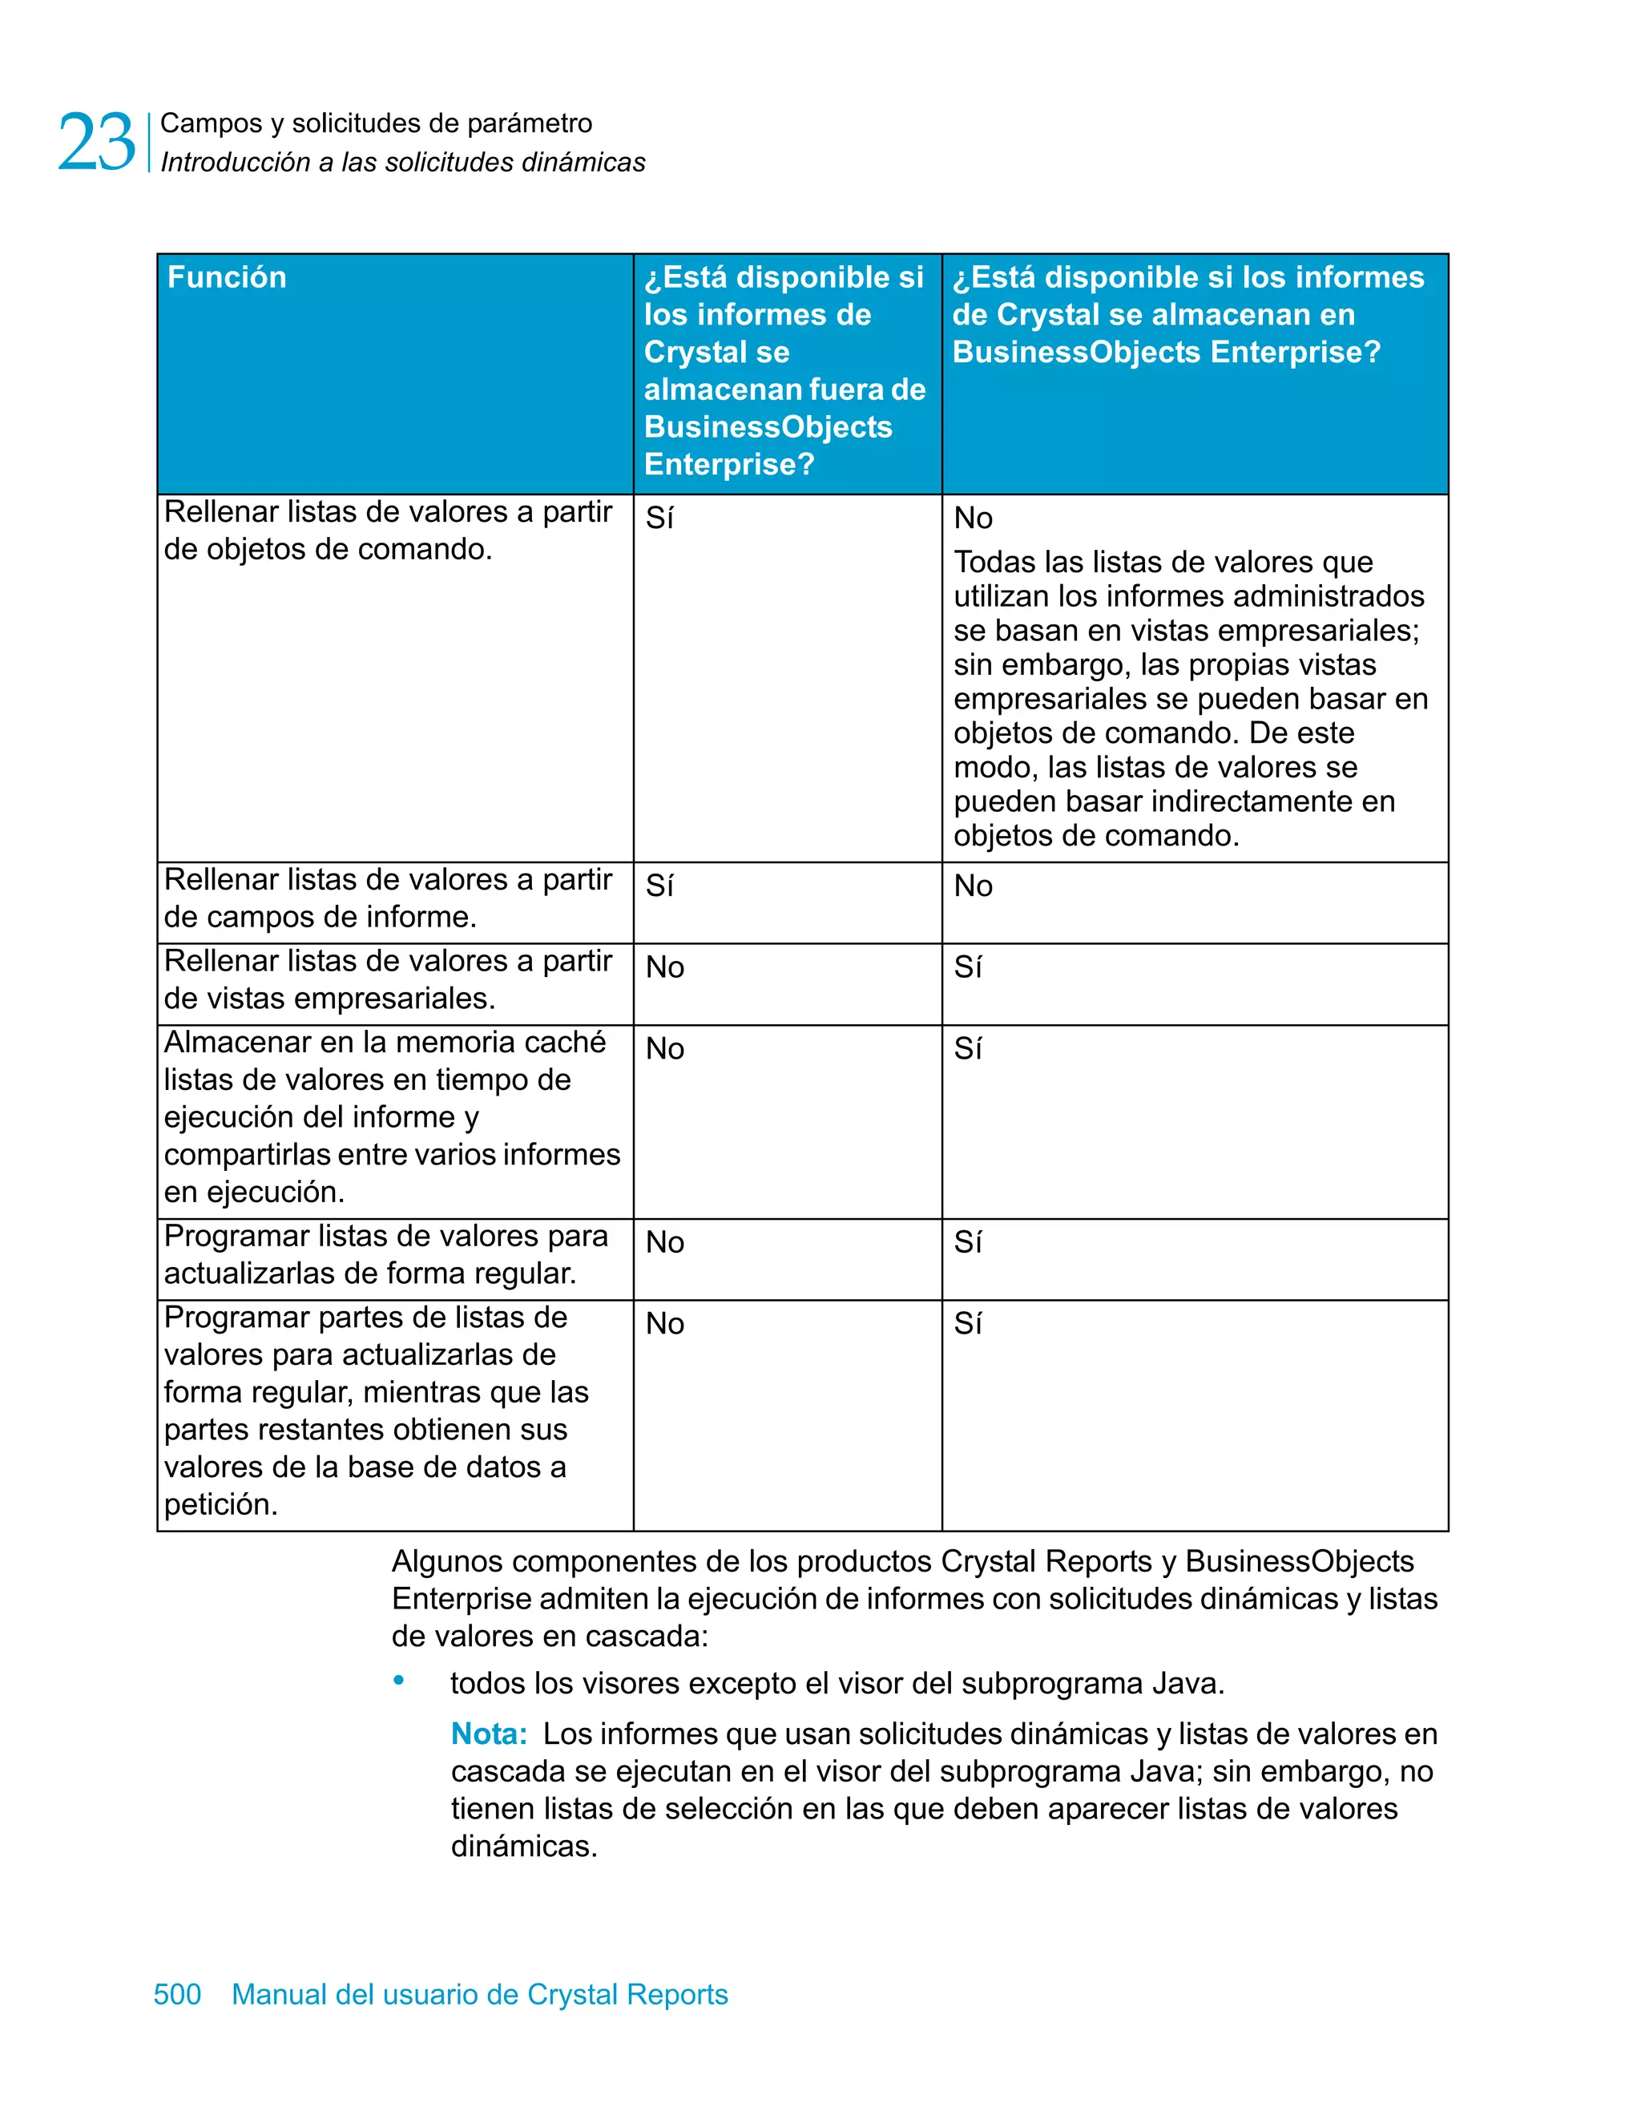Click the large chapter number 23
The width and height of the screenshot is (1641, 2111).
click(97, 142)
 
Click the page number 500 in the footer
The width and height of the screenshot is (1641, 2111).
click(177, 1993)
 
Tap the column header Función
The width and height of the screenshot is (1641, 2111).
click(227, 277)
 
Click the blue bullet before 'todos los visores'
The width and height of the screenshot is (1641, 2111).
click(398, 1681)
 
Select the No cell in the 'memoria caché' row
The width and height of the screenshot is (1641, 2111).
click(665, 1049)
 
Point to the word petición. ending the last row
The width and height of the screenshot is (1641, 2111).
click(220, 1504)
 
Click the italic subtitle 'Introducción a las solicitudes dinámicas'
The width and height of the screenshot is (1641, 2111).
click(402, 163)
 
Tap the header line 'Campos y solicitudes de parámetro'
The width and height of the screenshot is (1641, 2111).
click(376, 123)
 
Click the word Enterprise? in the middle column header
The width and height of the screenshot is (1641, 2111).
click(728, 464)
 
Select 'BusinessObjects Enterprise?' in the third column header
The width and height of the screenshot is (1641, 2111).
click(1166, 352)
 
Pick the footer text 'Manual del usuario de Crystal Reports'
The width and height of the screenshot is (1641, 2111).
click(479, 1993)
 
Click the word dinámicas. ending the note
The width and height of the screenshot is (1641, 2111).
click(524, 1847)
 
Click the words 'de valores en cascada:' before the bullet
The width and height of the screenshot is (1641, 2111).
click(550, 1637)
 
